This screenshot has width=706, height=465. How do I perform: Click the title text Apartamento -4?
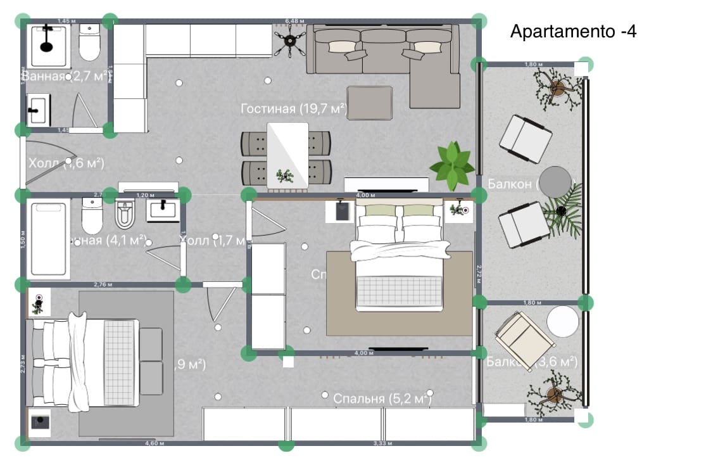coord(573,32)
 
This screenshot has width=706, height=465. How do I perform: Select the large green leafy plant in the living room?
coord(452,165)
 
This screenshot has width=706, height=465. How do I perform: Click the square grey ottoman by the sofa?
coord(370,103)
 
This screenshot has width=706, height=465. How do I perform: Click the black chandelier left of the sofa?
coord(291,41)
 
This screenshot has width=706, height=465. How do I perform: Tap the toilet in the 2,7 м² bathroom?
coord(89,41)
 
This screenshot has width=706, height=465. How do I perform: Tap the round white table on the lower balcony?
coord(563,322)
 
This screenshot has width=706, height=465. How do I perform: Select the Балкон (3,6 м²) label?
coord(532,362)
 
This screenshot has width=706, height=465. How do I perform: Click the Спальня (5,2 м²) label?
coord(382,398)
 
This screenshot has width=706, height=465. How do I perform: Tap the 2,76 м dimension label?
coord(103,284)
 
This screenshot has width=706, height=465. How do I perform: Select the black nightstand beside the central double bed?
coord(340,212)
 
